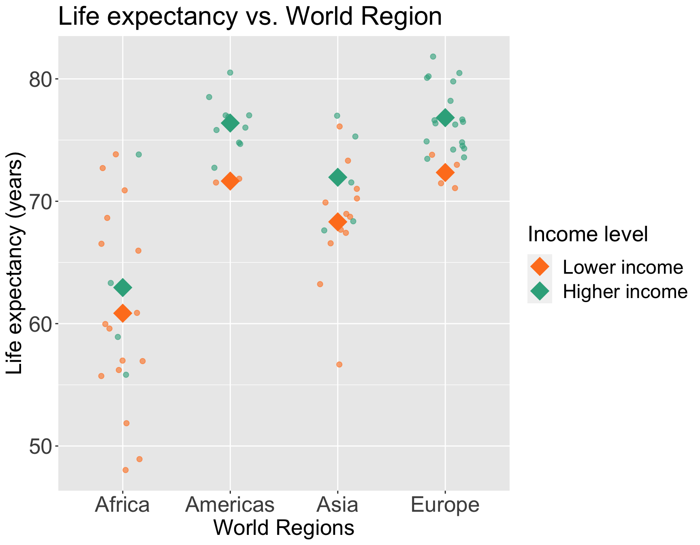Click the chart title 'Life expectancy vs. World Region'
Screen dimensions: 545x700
coord(250,17)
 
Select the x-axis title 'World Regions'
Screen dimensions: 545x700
coord(284,528)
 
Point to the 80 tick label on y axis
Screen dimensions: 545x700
coord(39,79)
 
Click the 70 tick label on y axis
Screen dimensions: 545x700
coord(39,201)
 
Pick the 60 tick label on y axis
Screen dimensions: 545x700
coord(39,324)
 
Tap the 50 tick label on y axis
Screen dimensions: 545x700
coord(39,446)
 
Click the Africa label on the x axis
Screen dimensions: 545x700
coord(122,505)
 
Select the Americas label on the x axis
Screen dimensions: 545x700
coord(230,505)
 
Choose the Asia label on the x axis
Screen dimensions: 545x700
coord(337,505)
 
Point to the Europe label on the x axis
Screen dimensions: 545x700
coord(445,505)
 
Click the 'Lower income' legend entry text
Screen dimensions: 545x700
coord(623,267)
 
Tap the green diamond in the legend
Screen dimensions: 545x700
coord(540,291)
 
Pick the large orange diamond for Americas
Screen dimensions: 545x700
coord(230,181)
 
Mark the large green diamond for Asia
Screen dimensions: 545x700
coord(338,177)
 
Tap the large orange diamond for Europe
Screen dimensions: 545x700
coord(445,173)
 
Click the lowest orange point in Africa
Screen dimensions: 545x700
coord(126,470)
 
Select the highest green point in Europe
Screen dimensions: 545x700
coord(433,56)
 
